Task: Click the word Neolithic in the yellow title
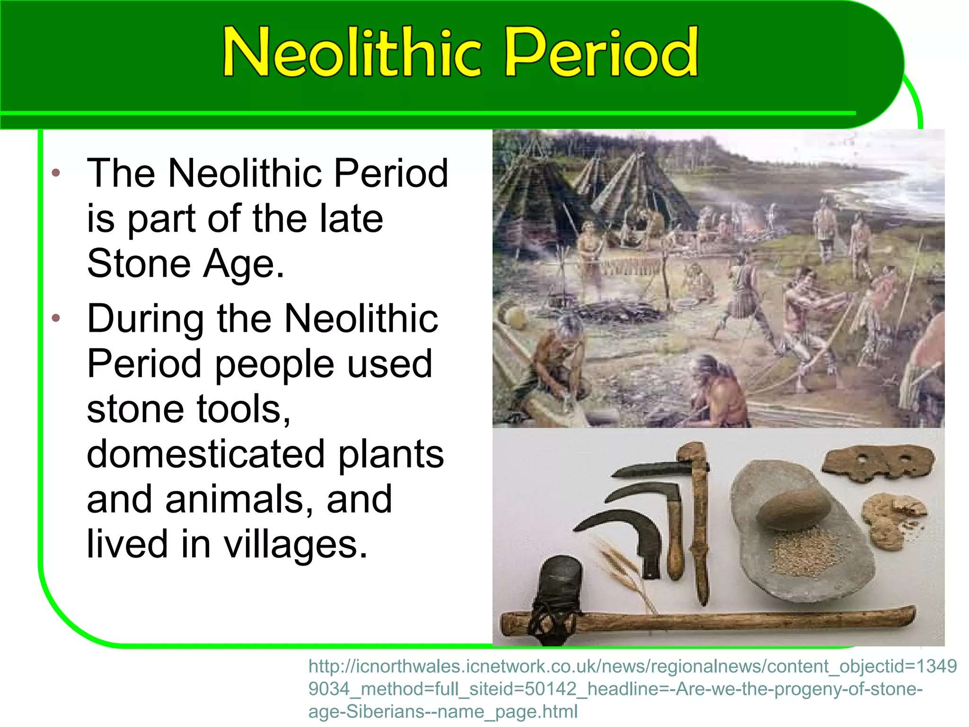pos(352,52)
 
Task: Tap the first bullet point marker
pos(56,173)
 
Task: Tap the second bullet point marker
pos(56,318)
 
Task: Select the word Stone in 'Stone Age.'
pos(138,263)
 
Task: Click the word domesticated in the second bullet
pos(205,454)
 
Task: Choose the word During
pos(145,319)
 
